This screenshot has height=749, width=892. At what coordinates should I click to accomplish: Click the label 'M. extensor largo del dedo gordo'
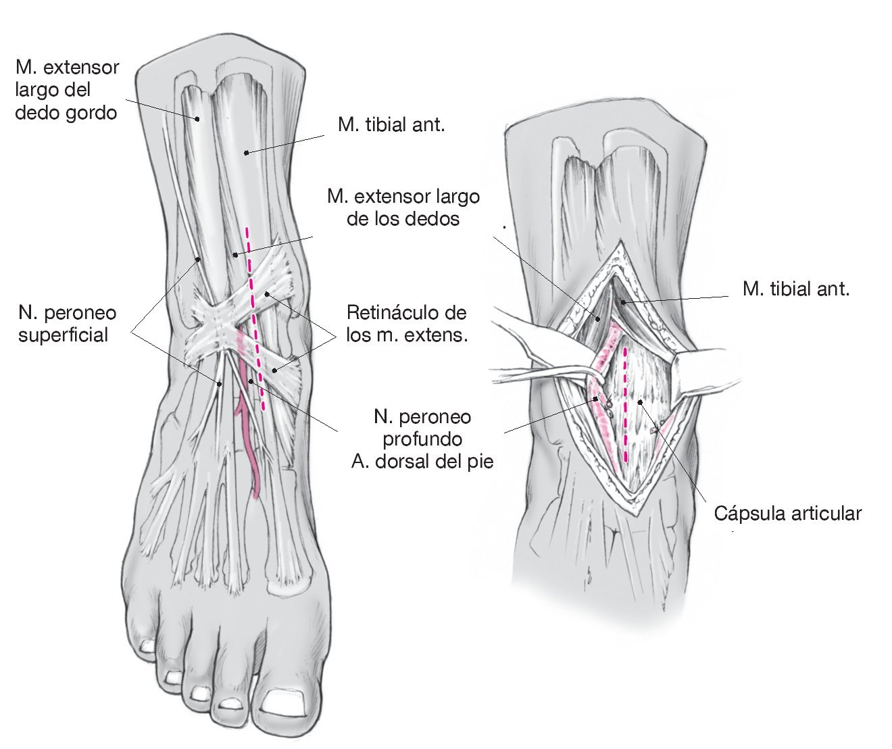(67, 89)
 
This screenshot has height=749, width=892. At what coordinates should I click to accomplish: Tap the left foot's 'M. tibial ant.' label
(391, 125)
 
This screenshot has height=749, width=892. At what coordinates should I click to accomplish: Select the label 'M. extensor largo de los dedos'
(403, 208)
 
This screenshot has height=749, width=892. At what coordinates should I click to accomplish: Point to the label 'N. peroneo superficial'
(67, 324)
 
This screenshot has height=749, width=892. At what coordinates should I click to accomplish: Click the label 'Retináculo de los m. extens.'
(407, 324)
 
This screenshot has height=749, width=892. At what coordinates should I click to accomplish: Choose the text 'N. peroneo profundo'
(422, 428)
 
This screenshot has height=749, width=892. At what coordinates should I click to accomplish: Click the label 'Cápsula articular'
(788, 514)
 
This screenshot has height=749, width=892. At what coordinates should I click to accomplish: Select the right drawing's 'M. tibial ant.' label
(795, 289)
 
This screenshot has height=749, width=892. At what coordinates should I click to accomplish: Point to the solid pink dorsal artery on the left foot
(251, 446)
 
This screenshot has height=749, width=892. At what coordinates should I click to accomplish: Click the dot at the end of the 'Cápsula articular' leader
(639, 402)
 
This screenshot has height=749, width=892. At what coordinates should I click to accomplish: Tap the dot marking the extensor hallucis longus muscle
(197, 120)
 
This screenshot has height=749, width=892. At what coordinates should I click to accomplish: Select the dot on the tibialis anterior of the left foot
(246, 152)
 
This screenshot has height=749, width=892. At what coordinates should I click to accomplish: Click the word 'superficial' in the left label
(63, 335)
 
